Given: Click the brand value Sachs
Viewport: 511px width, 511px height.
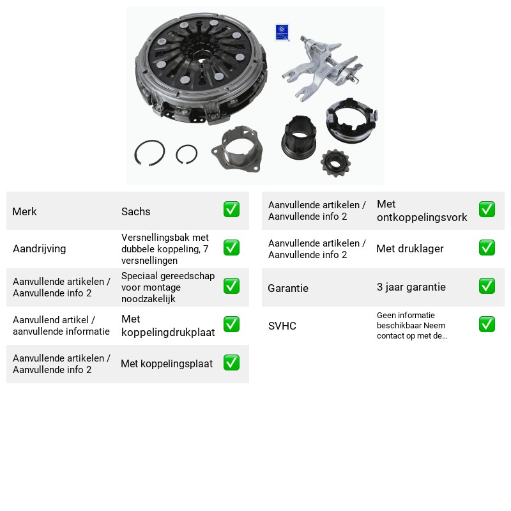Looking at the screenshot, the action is [x=135, y=211].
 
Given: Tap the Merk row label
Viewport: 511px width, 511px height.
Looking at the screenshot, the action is [x=24, y=211].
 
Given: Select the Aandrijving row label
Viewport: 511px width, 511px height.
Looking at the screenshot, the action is [x=40, y=248].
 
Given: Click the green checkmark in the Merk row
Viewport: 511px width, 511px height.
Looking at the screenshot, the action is [x=231, y=210].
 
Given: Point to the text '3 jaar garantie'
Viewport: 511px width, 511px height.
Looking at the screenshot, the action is [x=411, y=287].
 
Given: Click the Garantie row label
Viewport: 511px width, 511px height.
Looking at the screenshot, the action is [x=288, y=288].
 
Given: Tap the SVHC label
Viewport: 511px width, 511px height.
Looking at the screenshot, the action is [x=282, y=326].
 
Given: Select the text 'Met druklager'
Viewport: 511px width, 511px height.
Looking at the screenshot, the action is [x=410, y=248].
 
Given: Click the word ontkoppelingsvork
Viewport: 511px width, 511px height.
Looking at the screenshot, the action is [x=422, y=217].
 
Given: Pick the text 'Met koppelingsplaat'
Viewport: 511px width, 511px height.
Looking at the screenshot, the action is [x=167, y=363].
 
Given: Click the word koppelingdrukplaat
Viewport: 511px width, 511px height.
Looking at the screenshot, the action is [x=168, y=332].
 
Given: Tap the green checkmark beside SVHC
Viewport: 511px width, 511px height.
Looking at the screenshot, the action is [x=487, y=324].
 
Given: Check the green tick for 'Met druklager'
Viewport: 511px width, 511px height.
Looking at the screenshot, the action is [x=487, y=248].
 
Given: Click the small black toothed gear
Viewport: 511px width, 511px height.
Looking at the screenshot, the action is [x=335, y=163].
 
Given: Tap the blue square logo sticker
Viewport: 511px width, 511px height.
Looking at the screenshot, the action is [x=282, y=33].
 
